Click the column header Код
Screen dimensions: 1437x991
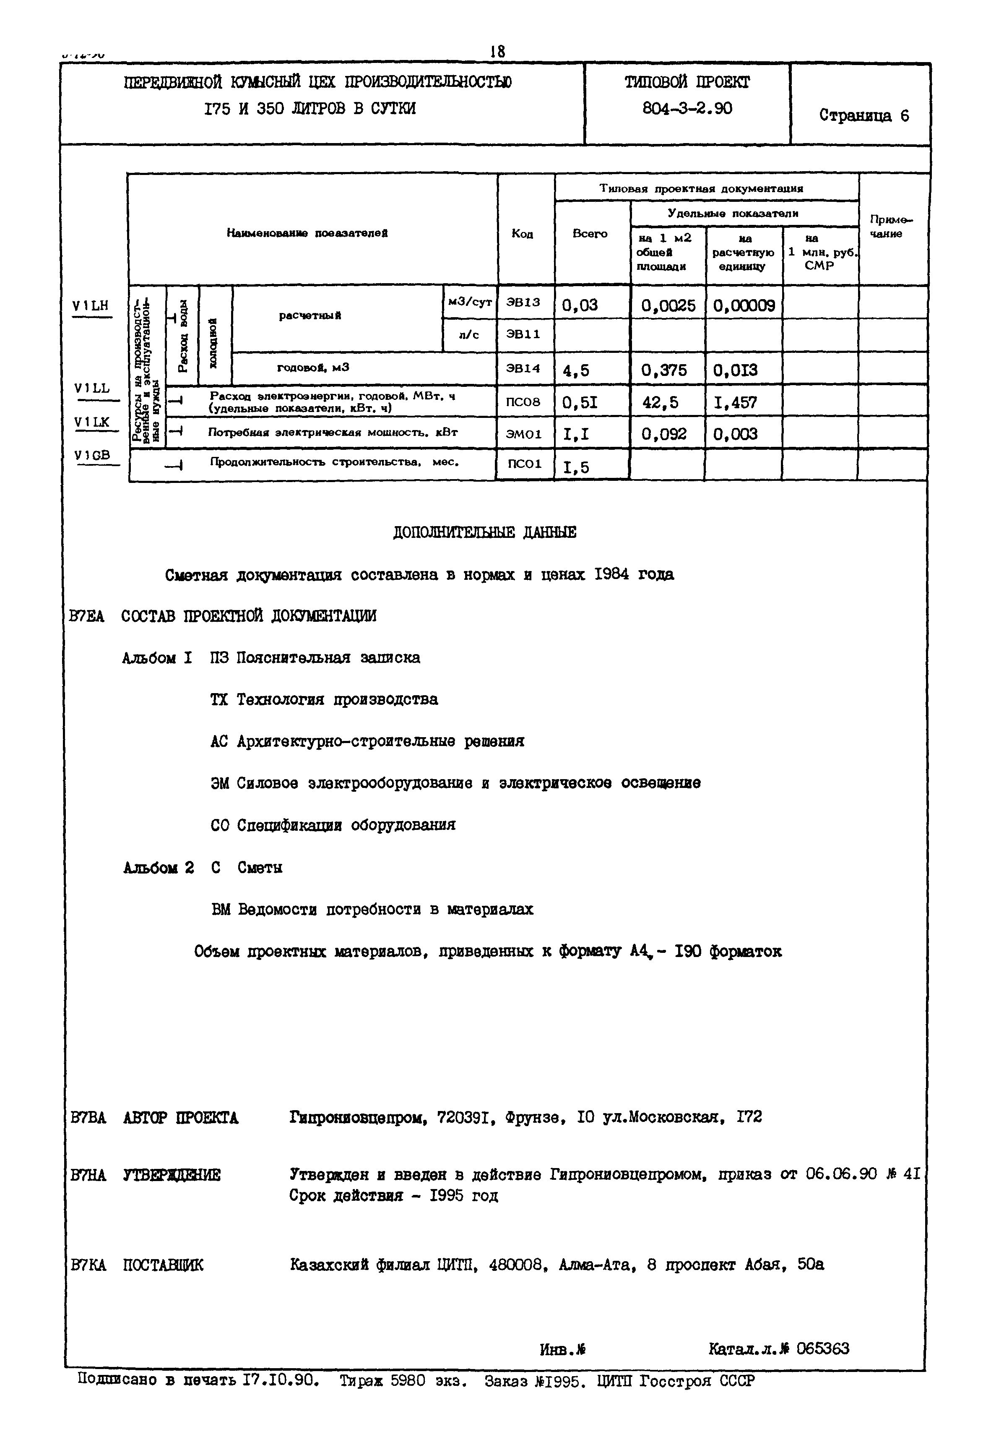(x=522, y=234)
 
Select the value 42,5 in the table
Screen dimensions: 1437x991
(x=660, y=402)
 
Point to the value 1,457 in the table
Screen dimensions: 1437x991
(x=735, y=402)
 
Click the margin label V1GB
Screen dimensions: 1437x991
(x=92, y=455)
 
